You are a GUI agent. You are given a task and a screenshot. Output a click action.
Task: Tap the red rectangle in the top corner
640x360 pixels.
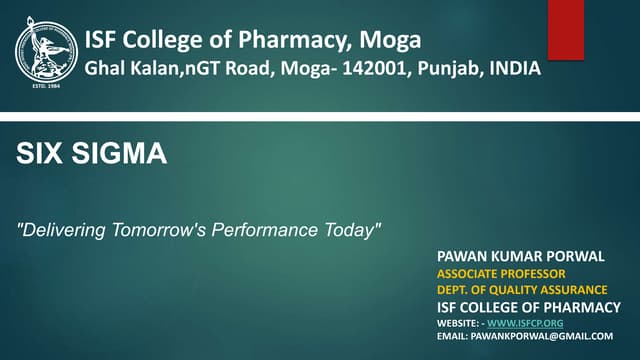tap(566, 29)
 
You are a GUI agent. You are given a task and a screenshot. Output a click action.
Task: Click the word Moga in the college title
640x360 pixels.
tap(390, 40)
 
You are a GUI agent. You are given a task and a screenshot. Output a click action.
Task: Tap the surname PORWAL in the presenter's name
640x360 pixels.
tap(568, 256)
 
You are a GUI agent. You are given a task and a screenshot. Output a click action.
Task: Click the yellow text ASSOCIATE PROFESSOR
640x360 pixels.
tap(501, 273)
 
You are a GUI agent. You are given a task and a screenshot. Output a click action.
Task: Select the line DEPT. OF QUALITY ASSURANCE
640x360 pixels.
tap(522, 290)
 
